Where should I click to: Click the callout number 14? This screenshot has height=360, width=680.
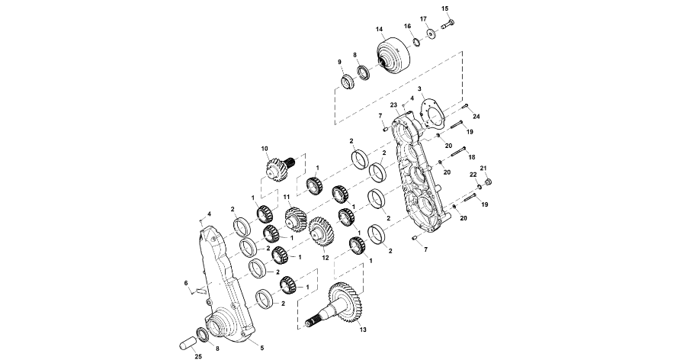(x=379, y=30)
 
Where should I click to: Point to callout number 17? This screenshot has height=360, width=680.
(x=424, y=18)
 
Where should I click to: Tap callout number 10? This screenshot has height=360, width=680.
(x=265, y=148)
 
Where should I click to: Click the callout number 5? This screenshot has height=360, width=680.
(x=262, y=348)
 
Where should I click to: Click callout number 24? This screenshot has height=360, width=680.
(x=476, y=117)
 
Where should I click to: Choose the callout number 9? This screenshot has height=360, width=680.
(x=340, y=62)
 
